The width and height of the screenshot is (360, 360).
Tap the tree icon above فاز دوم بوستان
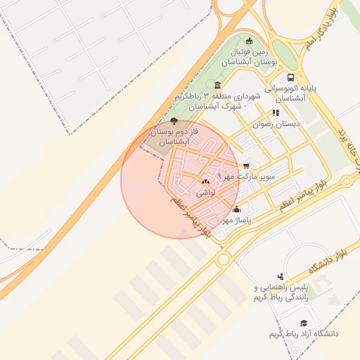pyautogui.click(x=174, y=121)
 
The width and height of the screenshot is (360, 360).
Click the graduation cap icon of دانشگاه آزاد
pyautogui.click(x=304, y=323)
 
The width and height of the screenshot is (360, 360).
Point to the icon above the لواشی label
pyautogui.click(x=205, y=182)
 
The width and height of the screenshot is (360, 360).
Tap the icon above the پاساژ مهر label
pyautogui.click(x=236, y=209)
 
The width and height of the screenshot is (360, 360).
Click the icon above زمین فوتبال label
pyautogui.click(x=248, y=40)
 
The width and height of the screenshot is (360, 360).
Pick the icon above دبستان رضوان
pyautogui.click(x=275, y=112)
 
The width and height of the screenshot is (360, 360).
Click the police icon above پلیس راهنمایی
pyautogui.click(x=281, y=276)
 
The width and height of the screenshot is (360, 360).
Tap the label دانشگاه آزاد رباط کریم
pyautogui.click(x=304, y=333)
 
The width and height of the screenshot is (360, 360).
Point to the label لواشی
pyautogui.click(x=205, y=192)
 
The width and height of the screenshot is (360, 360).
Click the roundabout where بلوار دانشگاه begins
pyautogui.click(x=224, y=259)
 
